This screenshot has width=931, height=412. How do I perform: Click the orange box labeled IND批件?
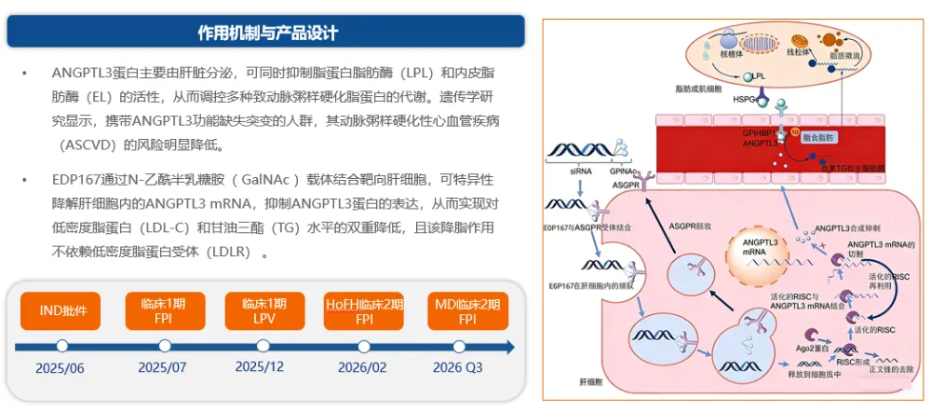click(x=62, y=310)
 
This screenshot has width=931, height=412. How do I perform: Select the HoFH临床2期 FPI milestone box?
click(x=364, y=310)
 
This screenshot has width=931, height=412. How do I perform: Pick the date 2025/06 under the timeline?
click(x=60, y=367)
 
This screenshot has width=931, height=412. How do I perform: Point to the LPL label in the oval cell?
click(x=761, y=76)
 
